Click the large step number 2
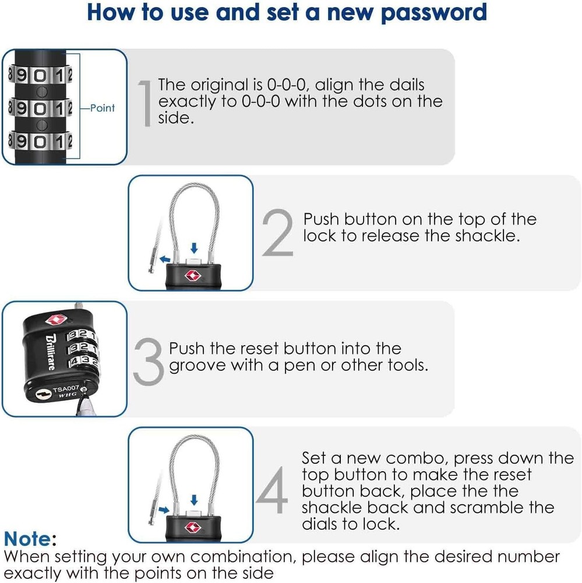click(277, 233)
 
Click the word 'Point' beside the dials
click(103, 108)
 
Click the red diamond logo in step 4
click(192, 527)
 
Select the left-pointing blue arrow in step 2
click(166, 256)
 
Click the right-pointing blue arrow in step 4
click(165, 509)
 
